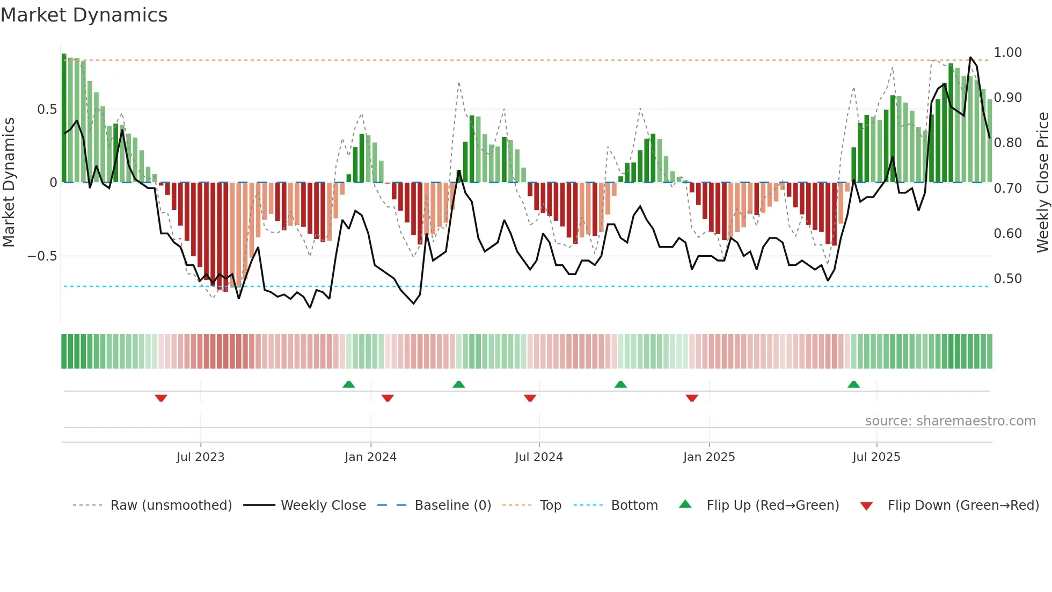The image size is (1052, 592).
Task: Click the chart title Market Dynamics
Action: coord(84,15)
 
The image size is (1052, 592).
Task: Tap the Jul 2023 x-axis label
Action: coord(200,457)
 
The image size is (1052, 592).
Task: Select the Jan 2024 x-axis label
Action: coord(370,457)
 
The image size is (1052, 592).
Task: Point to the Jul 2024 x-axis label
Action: coord(539,457)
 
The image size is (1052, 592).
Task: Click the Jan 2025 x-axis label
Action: coord(709,457)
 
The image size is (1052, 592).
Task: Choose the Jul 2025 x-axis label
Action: coord(876,457)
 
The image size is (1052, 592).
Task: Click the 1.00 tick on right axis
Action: coord(1007,53)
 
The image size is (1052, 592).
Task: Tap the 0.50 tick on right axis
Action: coord(1007,279)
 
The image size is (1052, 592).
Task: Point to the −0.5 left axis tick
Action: coord(42,256)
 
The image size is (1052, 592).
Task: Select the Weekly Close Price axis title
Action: coord(1042,183)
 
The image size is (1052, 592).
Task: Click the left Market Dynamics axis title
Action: coord(9,183)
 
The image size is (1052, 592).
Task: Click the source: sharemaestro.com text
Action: coord(950,421)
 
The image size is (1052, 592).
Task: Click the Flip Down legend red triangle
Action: coord(866,506)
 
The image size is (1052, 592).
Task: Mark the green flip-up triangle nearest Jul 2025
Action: coord(853,384)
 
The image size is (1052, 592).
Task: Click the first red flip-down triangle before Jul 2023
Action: coord(161,398)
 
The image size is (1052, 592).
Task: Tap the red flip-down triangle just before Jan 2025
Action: coord(692,398)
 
